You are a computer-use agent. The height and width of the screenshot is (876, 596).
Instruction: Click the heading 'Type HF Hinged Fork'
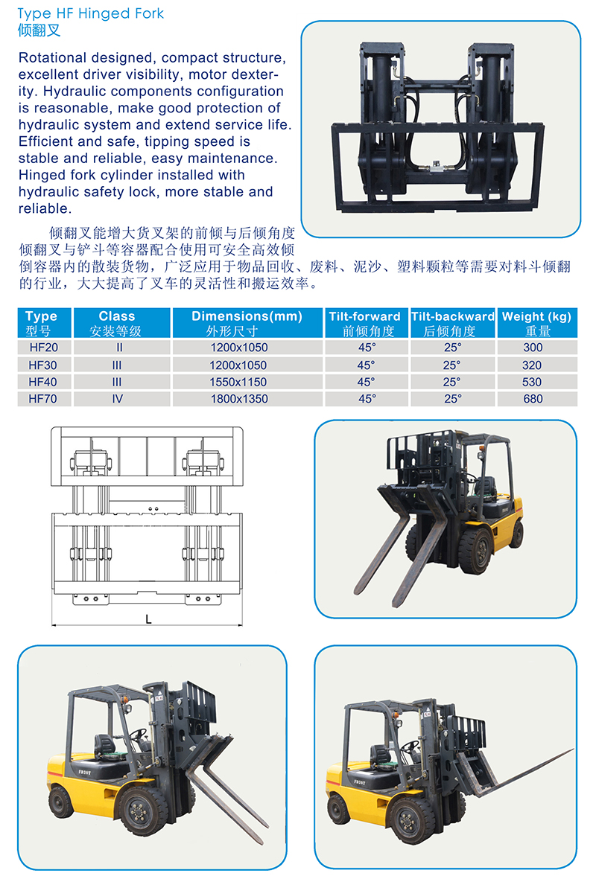point(91,13)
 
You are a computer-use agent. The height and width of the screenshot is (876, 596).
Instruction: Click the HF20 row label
point(44,348)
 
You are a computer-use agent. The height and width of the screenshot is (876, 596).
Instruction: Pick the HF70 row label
point(42,399)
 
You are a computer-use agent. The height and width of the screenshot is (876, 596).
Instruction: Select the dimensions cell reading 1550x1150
point(238,382)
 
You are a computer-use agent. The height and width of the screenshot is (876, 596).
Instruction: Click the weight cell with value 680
point(533,399)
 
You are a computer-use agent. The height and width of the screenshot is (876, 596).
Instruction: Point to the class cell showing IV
point(118,399)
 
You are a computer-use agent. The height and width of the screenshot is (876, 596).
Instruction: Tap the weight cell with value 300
point(533,348)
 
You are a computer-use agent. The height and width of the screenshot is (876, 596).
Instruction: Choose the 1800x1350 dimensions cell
point(239,399)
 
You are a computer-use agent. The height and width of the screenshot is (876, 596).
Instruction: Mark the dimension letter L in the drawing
point(149,619)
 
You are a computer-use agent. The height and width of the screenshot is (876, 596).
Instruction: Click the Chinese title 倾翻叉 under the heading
point(39,31)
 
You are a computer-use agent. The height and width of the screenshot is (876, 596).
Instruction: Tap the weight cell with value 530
point(532,382)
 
